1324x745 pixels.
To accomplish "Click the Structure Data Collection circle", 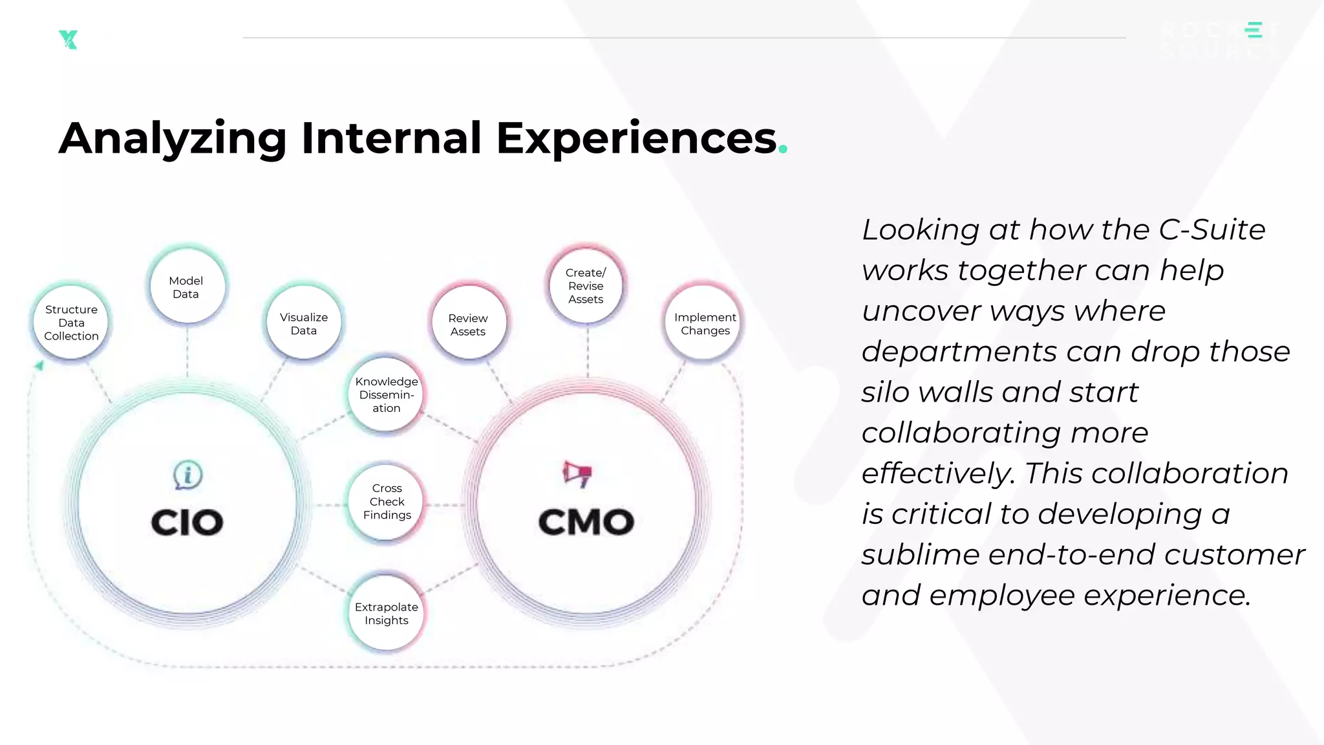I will pos(71,323).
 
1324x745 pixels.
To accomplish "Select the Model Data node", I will pos(186,287).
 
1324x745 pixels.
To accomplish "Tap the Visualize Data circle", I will pos(304,323).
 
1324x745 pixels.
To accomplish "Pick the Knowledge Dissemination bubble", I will pos(387,394).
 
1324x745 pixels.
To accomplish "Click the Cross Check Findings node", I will pos(387,502).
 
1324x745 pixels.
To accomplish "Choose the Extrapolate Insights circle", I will pos(387,613).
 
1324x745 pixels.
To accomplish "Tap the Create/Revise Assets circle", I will pos(586,286).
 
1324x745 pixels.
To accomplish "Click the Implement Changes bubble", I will pos(705,323).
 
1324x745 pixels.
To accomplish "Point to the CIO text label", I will pos(187,523).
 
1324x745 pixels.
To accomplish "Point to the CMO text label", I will pos(586,523).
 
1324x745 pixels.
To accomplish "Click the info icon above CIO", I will pos(187,475).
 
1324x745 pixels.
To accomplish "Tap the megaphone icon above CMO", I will pos(577,474).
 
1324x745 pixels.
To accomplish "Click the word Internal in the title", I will pos(391,138).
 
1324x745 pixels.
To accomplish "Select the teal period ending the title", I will pos(783,149).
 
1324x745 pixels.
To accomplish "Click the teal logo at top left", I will pos(68,39).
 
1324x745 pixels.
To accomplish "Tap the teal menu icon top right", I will pos(1254,30).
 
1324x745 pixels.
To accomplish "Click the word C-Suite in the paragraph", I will pos(1212,230).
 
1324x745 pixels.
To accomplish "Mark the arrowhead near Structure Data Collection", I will pos(39,366).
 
